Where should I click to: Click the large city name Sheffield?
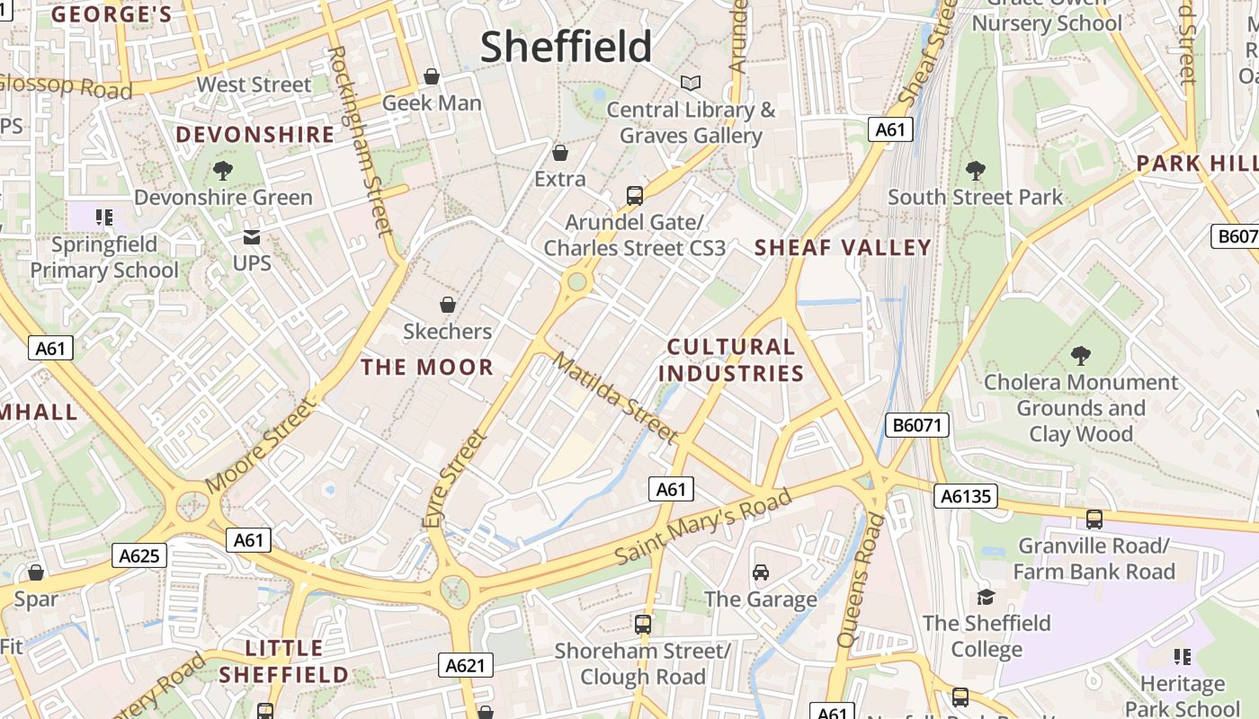click(x=566, y=47)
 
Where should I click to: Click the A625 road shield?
click(x=139, y=555)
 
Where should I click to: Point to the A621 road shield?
click(x=466, y=665)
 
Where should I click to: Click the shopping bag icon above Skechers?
click(x=447, y=306)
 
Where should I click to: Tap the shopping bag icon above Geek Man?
click(x=432, y=76)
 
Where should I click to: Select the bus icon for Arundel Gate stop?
click(x=634, y=195)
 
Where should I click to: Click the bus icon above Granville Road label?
click(x=1094, y=519)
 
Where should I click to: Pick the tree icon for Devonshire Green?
click(x=223, y=170)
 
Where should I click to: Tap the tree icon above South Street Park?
click(x=975, y=170)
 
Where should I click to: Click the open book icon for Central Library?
click(x=690, y=84)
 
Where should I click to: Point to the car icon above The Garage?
click(x=760, y=573)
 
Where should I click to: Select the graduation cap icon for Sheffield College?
click(x=986, y=597)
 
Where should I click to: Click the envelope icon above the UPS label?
click(x=251, y=237)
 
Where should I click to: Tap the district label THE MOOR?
click(x=427, y=367)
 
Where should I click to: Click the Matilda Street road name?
click(x=615, y=397)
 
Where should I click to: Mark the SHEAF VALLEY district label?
click(x=843, y=247)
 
